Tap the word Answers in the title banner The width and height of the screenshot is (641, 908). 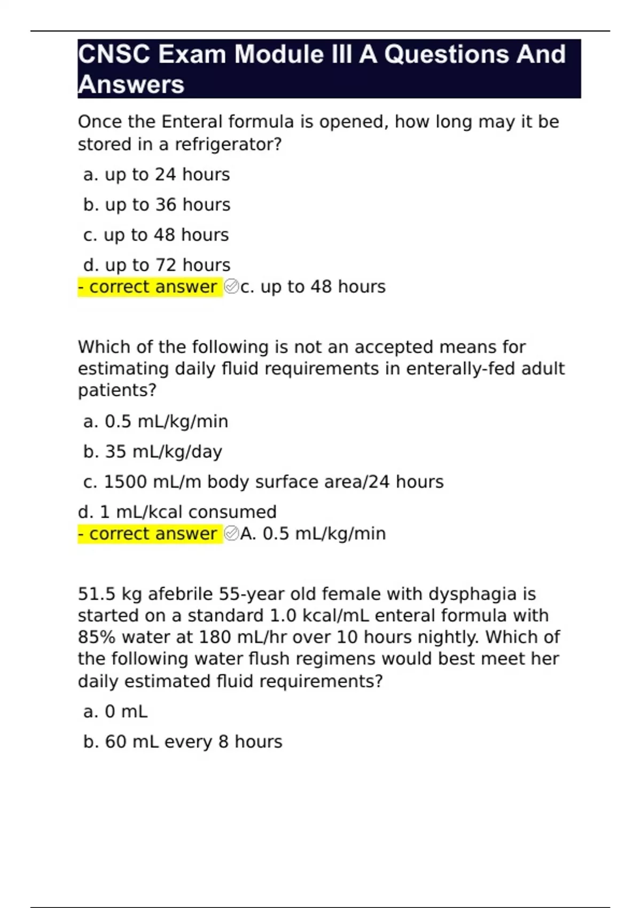coord(131,84)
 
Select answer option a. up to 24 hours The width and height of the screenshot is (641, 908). coord(157,175)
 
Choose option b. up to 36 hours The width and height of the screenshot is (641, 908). coord(157,205)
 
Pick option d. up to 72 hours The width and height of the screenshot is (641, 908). coord(157,265)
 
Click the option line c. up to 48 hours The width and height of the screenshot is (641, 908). coord(156,235)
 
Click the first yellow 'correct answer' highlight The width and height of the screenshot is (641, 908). coord(150,287)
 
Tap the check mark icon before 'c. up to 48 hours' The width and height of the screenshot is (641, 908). coord(231,287)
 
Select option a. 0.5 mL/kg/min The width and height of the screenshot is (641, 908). coord(155,421)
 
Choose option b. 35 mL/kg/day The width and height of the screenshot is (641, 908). coord(152,452)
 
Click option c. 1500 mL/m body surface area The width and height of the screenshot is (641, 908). coord(263,482)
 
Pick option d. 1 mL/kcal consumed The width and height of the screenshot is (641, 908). coord(177,512)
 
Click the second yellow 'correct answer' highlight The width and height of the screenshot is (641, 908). coord(150,534)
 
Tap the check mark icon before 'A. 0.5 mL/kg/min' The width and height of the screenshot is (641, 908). coord(231,534)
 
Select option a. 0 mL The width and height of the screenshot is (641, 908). coord(115,711)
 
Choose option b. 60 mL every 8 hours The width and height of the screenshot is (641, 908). coord(183,742)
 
